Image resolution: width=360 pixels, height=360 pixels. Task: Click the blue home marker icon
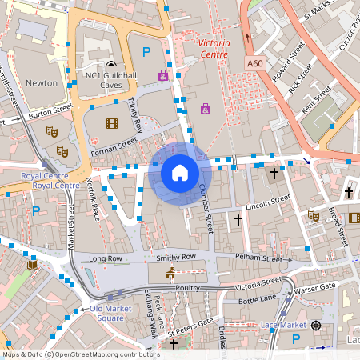pos(180,173)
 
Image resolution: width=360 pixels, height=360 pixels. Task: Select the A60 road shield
pos(254,63)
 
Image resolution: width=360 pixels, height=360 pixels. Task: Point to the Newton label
pos(42,82)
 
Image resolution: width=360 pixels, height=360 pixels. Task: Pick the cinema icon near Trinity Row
pos(110,123)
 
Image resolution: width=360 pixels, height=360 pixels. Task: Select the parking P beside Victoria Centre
pos(146,52)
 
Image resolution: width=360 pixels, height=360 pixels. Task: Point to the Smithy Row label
pos(176,257)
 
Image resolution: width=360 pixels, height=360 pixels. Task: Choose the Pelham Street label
pos(259,259)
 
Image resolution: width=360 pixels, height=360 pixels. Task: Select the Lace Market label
pos(283,324)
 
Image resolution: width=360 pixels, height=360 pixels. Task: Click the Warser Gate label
pos(315,287)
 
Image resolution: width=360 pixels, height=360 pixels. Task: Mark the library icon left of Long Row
pos(32,265)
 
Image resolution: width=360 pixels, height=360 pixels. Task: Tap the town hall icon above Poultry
pos(170,274)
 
